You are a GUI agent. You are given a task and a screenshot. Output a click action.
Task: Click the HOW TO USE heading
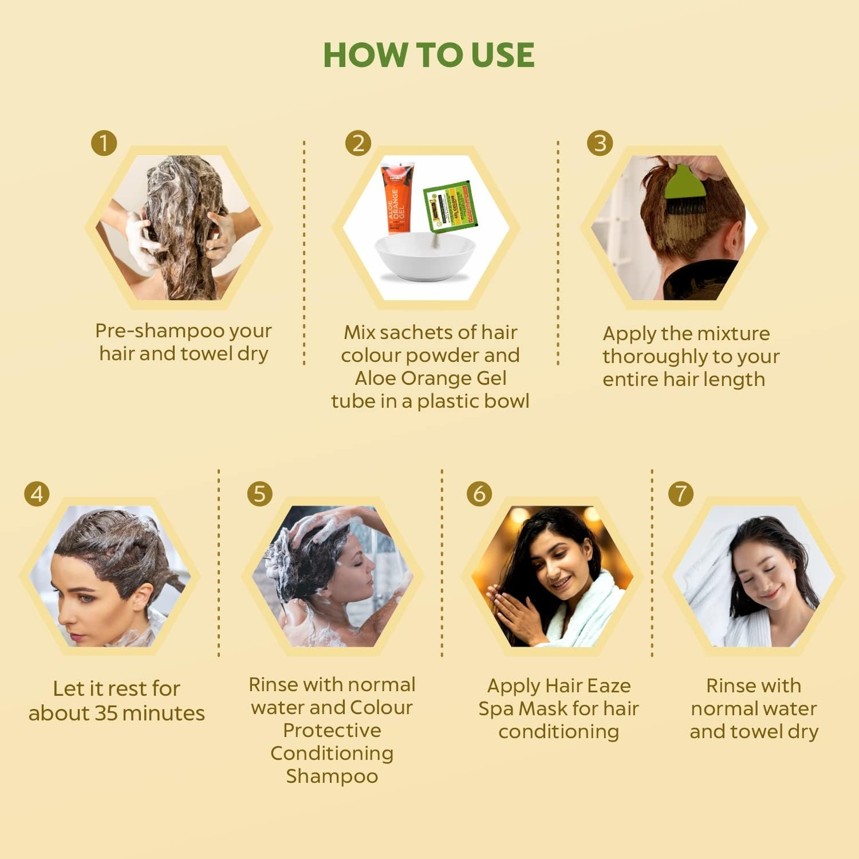(428, 55)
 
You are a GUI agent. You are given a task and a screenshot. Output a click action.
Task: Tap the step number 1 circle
(104, 143)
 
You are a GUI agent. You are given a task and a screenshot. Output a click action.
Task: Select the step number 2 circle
(358, 143)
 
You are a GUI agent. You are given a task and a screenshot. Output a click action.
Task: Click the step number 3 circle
(600, 143)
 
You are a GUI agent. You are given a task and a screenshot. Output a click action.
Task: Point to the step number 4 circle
(37, 493)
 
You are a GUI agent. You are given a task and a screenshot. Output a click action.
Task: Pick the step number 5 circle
(259, 493)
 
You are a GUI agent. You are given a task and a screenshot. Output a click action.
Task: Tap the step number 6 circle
(479, 493)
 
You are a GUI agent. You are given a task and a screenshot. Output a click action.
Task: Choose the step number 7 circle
(681, 493)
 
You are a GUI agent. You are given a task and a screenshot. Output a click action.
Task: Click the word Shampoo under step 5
(332, 776)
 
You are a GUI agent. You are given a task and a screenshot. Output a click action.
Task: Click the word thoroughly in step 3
(655, 356)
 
